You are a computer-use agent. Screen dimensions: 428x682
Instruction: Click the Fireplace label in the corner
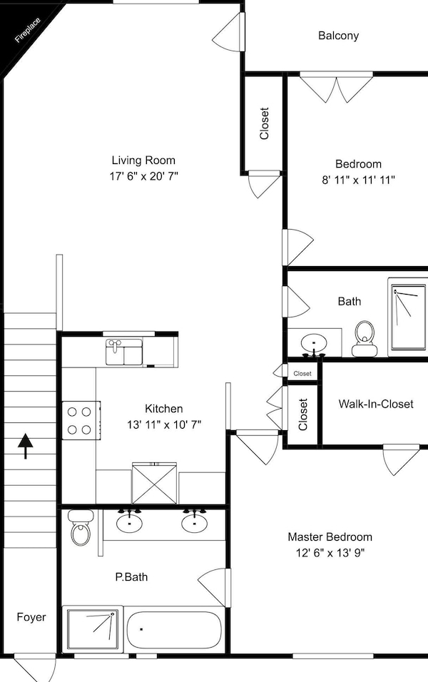tap(28, 31)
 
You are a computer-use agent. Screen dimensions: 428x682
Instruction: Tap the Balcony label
tap(338, 35)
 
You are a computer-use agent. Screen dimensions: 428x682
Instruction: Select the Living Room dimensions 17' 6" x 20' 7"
tap(144, 176)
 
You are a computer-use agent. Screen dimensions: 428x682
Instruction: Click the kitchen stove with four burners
tap(81, 420)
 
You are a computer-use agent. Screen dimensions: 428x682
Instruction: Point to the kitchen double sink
tap(124, 352)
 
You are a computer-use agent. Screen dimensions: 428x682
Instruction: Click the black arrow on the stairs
tap(26, 446)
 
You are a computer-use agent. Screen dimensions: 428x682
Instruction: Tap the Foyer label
tap(31, 617)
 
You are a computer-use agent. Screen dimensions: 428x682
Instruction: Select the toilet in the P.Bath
tap(80, 527)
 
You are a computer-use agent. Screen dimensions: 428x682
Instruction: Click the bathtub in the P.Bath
tap(174, 630)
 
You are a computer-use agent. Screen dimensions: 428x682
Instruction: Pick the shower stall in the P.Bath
tap(92, 628)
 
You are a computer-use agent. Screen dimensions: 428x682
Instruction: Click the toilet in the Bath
tap(364, 338)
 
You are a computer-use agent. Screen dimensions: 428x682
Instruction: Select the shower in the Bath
tap(408, 317)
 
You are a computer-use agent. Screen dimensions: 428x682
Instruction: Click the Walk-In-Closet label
tap(376, 404)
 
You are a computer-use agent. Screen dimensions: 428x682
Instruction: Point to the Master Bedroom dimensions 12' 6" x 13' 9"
tap(330, 553)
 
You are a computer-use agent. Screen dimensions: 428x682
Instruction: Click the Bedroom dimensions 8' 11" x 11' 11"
tap(358, 180)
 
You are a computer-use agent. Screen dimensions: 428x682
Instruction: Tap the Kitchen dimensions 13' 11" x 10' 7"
tap(164, 424)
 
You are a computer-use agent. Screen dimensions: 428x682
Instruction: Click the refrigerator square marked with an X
tap(154, 484)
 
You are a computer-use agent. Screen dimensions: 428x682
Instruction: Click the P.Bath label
tap(131, 576)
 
